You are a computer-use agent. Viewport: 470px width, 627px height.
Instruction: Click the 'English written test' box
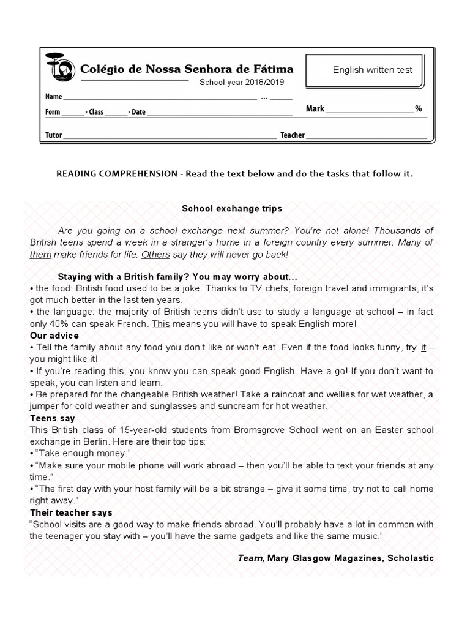point(372,70)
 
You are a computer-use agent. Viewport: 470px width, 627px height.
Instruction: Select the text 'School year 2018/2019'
point(242,83)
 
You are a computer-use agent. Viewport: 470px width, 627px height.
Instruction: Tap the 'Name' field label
point(53,97)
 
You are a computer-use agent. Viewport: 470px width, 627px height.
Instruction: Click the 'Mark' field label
point(315,108)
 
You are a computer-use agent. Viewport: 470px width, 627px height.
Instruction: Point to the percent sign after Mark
point(419,108)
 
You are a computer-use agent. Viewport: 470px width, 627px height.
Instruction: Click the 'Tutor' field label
point(53,135)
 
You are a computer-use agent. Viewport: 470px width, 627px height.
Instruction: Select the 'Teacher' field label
point(292,135)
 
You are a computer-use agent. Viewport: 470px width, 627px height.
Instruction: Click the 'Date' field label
point(138,112)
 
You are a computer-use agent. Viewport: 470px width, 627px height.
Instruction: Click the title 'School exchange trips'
point(232,208)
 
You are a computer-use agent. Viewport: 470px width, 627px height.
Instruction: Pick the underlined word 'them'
point(40,254)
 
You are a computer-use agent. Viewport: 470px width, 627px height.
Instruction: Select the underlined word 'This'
point(160,324)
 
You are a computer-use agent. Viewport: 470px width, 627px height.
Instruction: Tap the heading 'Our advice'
point(54,336)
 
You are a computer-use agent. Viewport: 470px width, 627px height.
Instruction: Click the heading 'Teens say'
point(51,418)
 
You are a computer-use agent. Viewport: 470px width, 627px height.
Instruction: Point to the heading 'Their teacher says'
point(71,512)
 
